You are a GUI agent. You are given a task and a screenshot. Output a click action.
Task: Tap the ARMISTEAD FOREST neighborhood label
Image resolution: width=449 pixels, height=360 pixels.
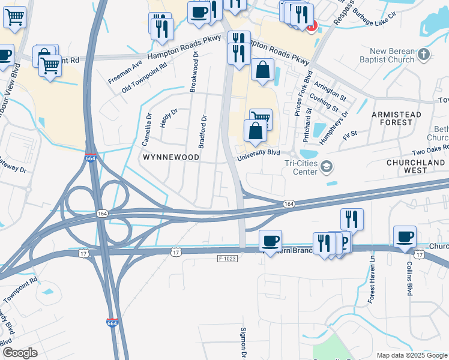pos(393,118)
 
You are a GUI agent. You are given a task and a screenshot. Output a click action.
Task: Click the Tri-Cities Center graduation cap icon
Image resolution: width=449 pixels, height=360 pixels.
pos(327,167)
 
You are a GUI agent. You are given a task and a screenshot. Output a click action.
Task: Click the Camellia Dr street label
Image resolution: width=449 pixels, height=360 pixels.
pos(146,130)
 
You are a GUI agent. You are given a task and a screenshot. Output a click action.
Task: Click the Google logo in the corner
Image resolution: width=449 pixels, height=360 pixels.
pos(20,353)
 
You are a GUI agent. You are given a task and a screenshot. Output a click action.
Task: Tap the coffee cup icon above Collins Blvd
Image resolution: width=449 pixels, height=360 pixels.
pos(405,235)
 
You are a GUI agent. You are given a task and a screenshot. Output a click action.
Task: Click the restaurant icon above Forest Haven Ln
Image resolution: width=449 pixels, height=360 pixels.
pos(351,218)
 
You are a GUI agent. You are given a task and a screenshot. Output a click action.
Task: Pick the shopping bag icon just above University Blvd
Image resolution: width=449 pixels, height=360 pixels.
pos(255,130)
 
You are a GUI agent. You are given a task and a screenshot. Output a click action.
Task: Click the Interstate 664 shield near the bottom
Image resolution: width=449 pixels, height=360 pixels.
pos(112,322)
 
